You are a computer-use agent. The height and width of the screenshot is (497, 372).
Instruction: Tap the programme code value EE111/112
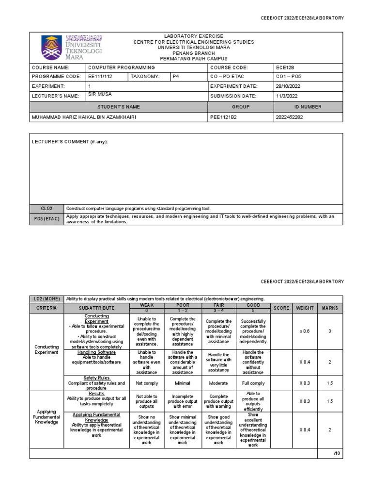100,77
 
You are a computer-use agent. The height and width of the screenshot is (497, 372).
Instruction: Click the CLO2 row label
46,208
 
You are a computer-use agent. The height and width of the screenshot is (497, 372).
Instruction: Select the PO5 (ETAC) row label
46,218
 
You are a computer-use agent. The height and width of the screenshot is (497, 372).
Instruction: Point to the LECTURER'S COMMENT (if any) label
70,142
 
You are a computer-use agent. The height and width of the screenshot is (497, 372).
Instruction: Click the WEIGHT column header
305,308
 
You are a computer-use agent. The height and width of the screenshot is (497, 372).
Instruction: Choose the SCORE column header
281,308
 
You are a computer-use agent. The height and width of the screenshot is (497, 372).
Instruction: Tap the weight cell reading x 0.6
305,331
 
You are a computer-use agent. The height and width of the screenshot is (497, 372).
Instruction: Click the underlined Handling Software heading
96,352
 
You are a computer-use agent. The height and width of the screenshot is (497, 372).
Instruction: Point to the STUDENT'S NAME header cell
119,107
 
